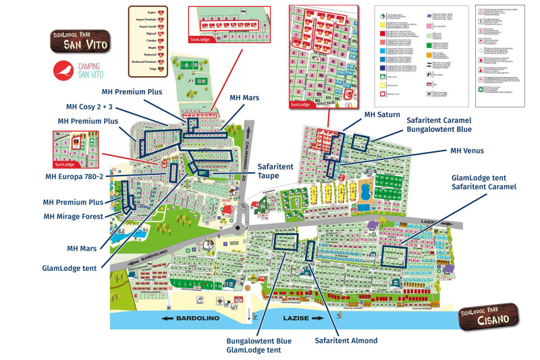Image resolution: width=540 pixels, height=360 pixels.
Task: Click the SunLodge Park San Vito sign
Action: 78,42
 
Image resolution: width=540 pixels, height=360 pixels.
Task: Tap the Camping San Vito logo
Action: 76,70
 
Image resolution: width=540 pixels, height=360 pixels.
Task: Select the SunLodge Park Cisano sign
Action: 489,316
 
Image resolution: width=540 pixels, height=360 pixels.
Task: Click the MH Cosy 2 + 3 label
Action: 93,107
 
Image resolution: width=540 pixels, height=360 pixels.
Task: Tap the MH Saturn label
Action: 382,115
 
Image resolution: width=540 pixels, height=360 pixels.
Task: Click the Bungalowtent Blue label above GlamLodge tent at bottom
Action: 259,340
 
